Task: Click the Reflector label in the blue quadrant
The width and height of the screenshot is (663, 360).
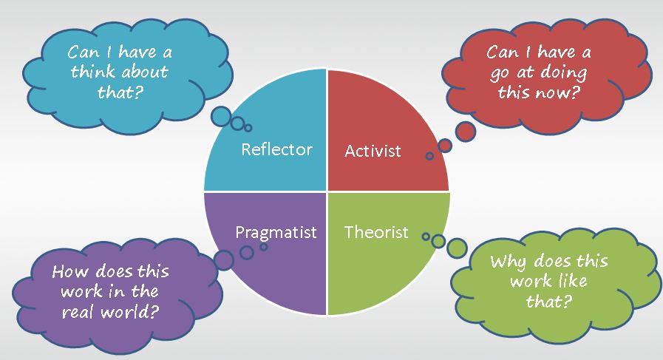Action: click(x=277, y=149)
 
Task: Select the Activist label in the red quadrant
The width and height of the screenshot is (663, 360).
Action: click(x=373, y=151)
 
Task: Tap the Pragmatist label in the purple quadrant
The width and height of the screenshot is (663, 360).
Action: click(x=276, y=232)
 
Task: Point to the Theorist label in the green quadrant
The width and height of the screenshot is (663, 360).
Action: click(x=376, y=232)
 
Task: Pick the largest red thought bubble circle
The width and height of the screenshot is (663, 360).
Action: click(x=465, y=132)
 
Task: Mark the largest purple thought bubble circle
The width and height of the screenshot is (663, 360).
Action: click(x=223, y=259)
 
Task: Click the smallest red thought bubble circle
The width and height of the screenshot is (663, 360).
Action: click(x=429, y=156)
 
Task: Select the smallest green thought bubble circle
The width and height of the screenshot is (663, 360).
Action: click(x=425, y=237)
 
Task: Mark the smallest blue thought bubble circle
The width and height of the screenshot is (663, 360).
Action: click(x=248, y=128)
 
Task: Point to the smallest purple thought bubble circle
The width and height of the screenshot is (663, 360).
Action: click(x=263, y=247)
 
